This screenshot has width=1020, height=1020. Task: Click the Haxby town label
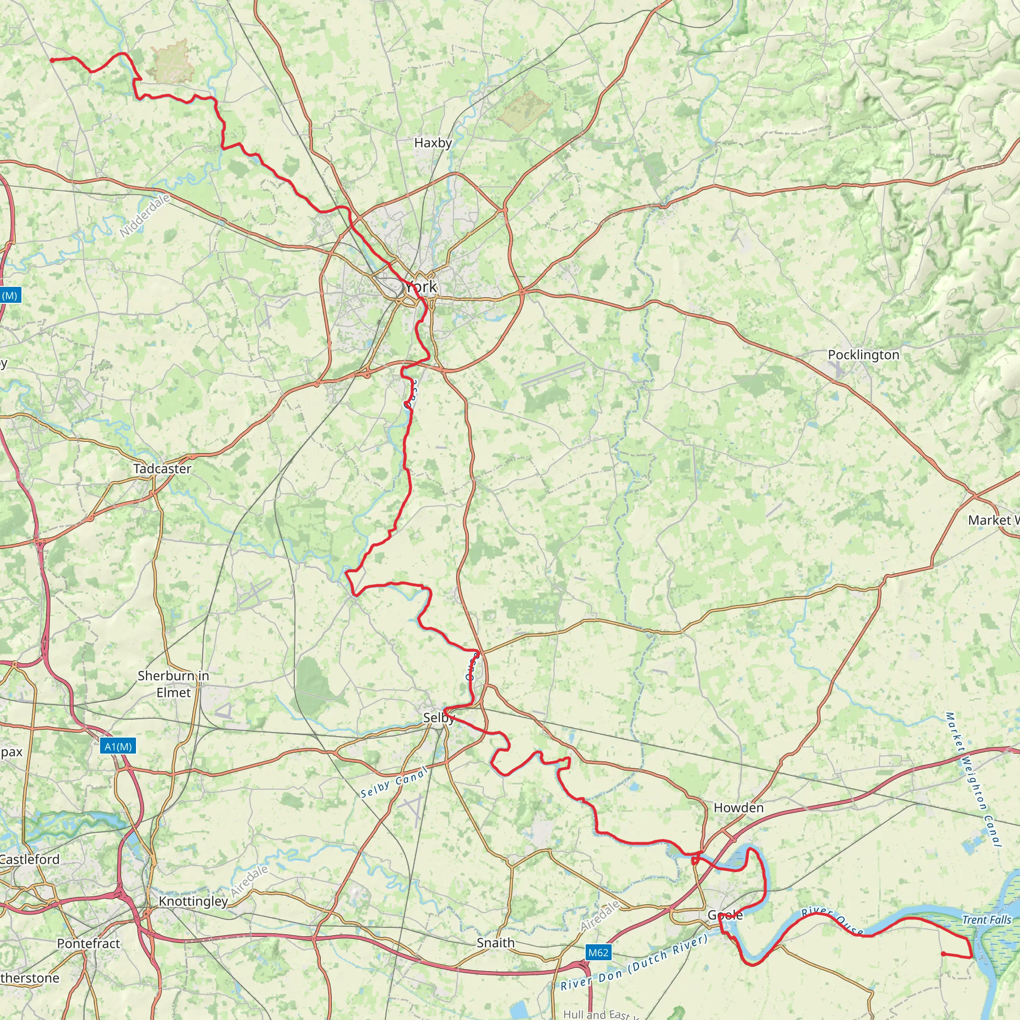433,143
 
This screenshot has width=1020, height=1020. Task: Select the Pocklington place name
863,355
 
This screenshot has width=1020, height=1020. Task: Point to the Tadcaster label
162,469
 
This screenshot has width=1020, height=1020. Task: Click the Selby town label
439,718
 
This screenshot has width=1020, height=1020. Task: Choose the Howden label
738,808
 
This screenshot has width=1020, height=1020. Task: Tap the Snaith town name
495,942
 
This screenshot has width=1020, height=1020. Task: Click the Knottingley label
193,901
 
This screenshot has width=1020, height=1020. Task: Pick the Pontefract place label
89,943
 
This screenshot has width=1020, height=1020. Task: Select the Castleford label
29,859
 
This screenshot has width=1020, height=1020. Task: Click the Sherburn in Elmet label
173,684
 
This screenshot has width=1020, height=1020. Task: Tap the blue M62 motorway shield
598,952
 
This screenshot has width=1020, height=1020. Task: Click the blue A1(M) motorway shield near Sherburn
118,747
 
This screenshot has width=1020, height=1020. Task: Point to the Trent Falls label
986,920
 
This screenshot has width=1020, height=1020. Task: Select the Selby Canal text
394,783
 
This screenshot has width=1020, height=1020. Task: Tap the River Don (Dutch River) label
634,962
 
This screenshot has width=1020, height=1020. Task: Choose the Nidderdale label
144,216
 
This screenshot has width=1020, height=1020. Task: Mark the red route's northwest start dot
52,60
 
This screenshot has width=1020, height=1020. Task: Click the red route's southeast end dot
943,954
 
